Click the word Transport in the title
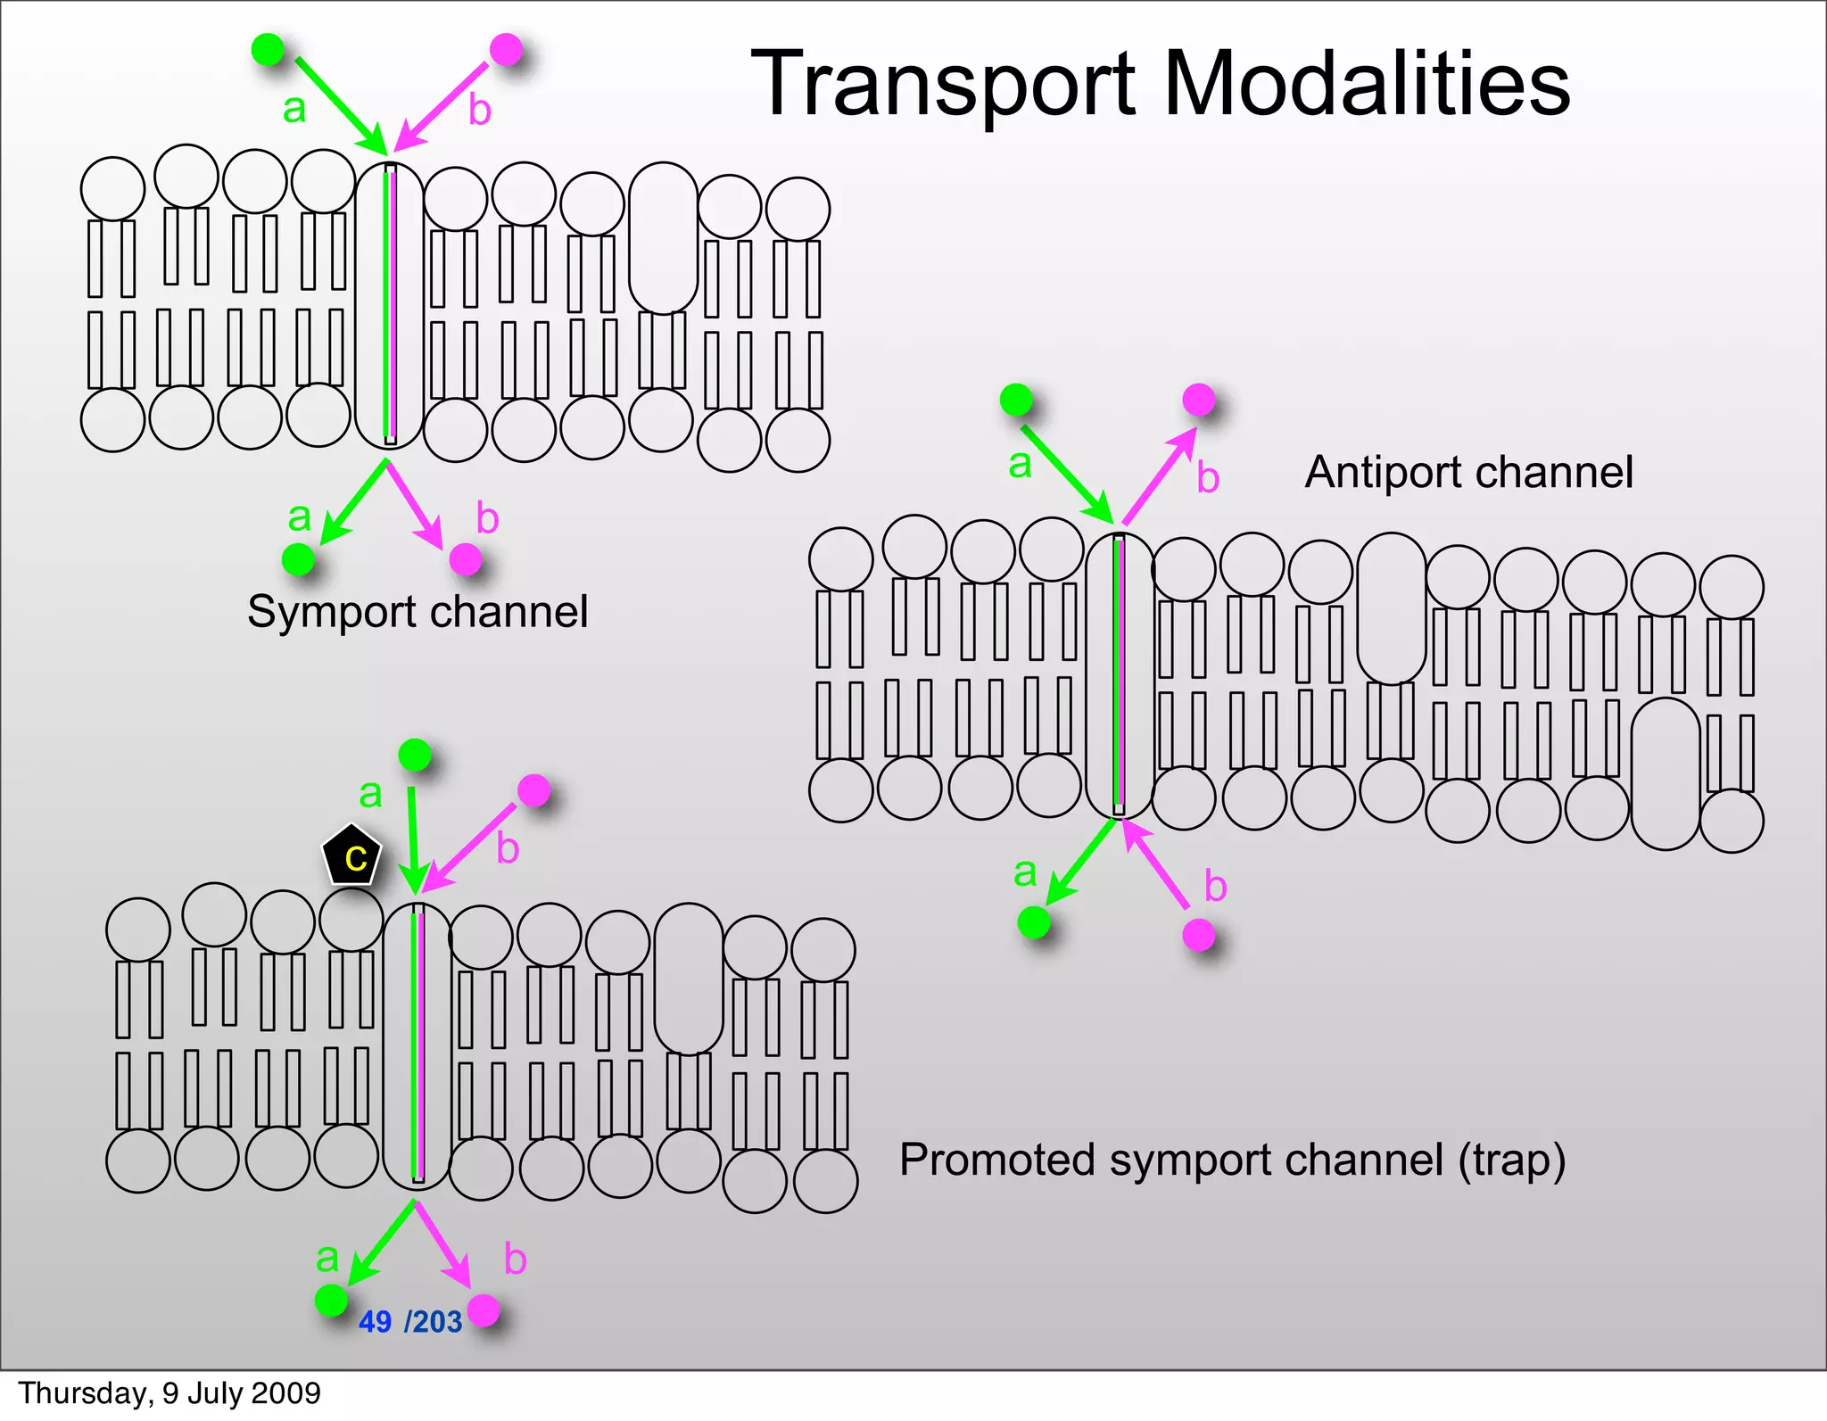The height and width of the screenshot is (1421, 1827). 945,85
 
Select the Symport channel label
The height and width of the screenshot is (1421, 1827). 417,613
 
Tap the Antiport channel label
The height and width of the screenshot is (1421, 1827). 1468,472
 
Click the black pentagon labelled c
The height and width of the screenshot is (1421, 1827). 351,855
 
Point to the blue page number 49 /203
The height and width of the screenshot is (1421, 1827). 410,1321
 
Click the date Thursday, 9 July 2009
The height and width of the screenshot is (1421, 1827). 169,1393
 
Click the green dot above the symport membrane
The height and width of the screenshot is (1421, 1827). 268,49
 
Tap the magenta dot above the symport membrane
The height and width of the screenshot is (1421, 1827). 506,49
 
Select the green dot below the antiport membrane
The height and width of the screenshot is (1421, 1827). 1033,921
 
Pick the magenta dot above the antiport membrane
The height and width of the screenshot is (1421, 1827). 1198,399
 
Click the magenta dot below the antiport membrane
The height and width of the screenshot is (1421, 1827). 1198,935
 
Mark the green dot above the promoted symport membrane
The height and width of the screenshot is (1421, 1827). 414,755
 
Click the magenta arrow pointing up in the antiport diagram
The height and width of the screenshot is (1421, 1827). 1159,476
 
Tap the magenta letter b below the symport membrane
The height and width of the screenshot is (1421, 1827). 487,518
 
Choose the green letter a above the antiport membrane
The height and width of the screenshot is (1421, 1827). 1020,464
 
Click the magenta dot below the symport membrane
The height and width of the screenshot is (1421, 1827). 465,559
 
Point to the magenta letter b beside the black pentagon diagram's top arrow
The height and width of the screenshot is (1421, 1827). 508,847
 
